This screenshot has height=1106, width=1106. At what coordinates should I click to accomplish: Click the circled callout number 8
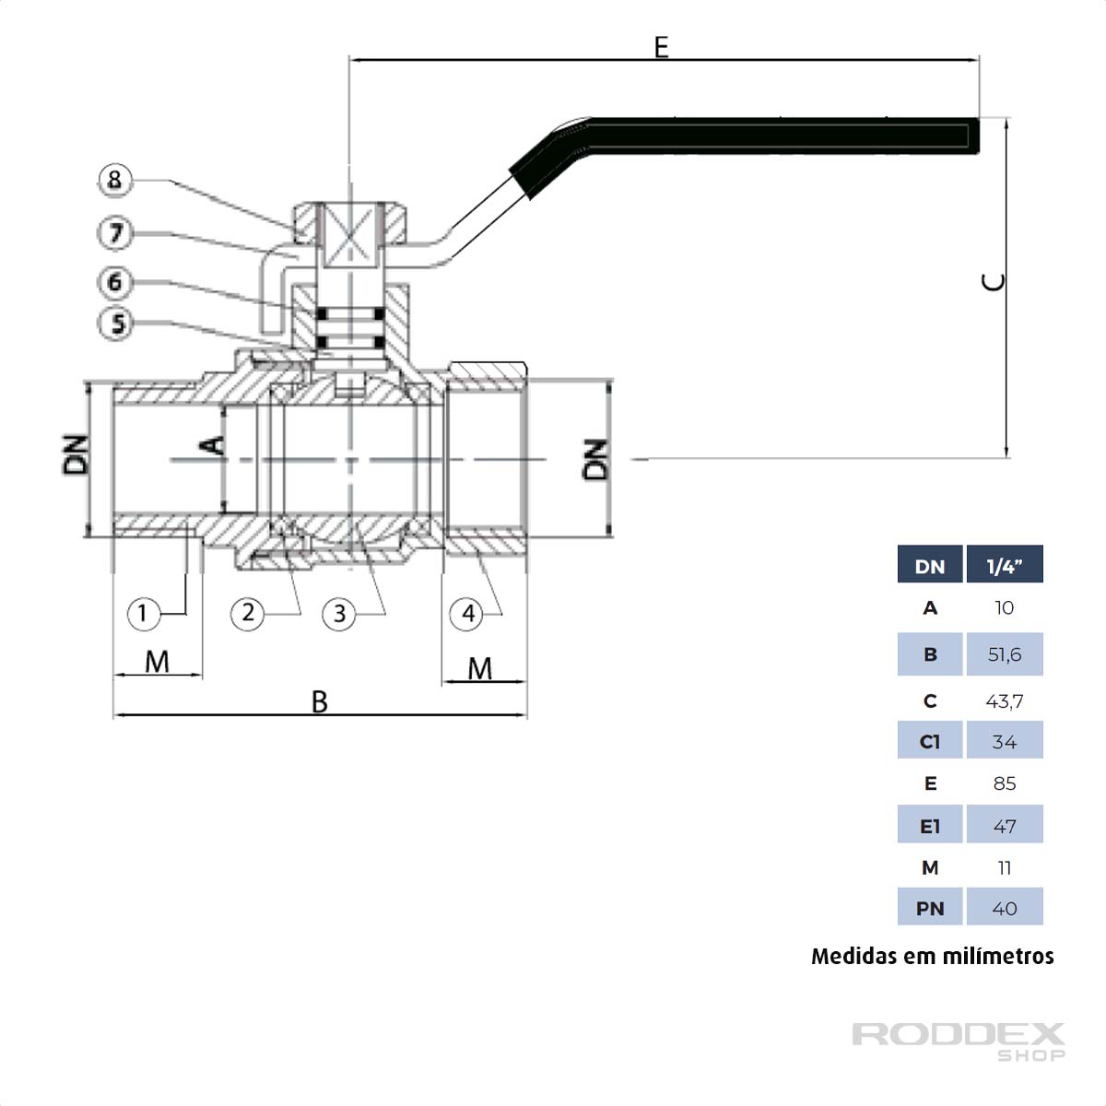click(x=115, y=180)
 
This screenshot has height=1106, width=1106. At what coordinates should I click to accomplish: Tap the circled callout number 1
click(x=143, y=613)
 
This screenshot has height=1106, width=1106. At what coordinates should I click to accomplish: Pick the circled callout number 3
click(x=339, y=613)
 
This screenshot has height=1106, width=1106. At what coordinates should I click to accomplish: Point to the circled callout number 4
click(x=468, y=613)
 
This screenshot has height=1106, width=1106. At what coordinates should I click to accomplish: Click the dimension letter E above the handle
click(x=661, y=46)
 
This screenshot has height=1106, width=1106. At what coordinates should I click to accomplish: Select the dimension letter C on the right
click(x=994, y=282)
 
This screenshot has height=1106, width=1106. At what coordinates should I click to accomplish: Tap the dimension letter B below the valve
click(x=319, y=701)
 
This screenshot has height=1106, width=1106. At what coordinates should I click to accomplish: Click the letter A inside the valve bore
click(x=213, y=445)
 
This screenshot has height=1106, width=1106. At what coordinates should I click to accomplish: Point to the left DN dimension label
click(x=76, y=453)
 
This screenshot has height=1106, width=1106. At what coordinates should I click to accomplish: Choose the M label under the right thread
click(x=480, y=668)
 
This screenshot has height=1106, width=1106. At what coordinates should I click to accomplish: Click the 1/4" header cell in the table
click(x=1004, y=565)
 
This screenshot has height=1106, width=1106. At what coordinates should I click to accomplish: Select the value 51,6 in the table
click(x=1004, y=654)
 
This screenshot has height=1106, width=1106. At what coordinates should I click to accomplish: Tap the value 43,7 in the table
click(x=1004, y=701)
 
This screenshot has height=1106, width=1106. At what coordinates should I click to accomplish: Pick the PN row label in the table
click(x=930, y=909)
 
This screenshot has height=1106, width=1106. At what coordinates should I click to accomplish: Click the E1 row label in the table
click(x=930, y=827)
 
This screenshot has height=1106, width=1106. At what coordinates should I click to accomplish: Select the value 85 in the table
click(x=1004, y=783)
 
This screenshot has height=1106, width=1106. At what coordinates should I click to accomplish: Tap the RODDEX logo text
click(x=959, y=1034)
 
